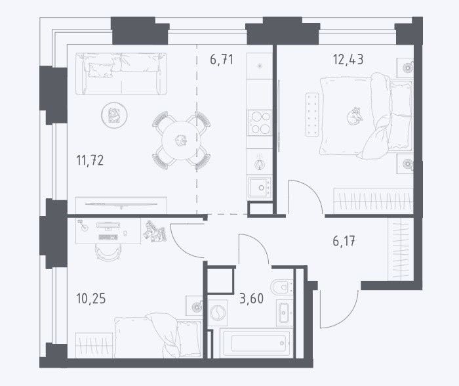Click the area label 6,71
point(222,60)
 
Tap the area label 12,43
point(348,59)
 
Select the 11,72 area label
point(90,160)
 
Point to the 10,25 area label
point(90,299)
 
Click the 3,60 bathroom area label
point(251,299)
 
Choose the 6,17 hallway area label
point(344,241)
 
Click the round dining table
point(181,140)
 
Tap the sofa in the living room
point(121,74)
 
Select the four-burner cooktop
point(260,123)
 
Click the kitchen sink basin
point(260,188)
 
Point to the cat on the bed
point(355,116)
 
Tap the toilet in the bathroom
point(282,286)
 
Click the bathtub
point(256,343)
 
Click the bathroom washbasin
point(284,312)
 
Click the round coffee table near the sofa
point(114,116)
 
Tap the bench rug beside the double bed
point(312,115)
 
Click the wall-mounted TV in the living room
point(121,204)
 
